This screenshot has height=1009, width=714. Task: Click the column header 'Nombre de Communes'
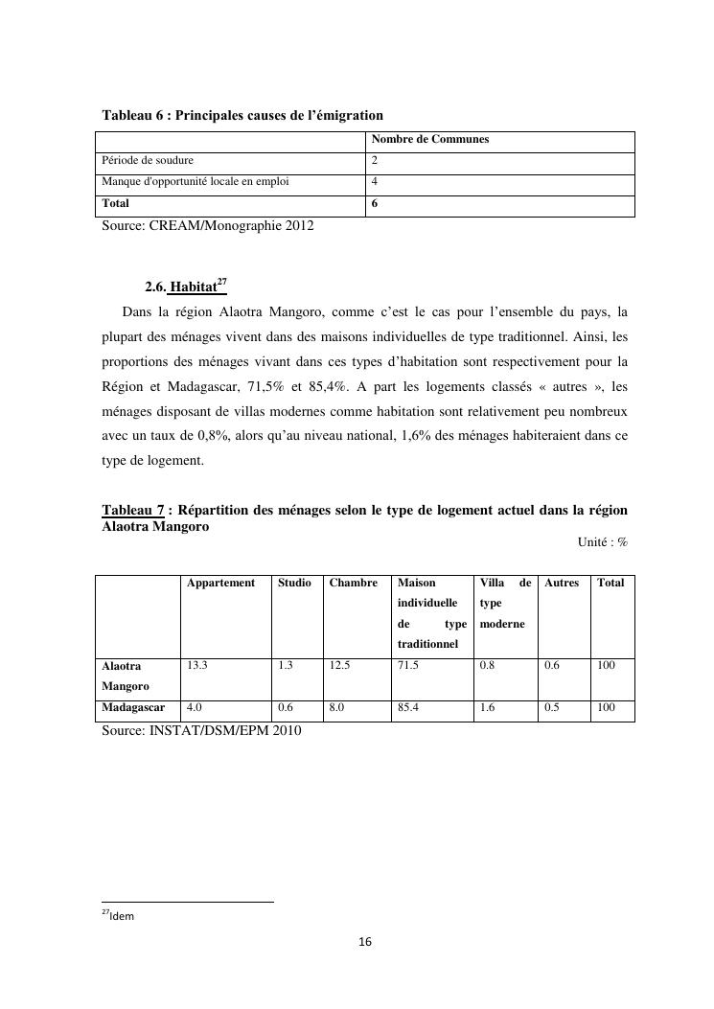[x=430, y=140]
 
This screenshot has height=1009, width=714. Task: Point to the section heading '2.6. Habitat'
[x=185, y=287]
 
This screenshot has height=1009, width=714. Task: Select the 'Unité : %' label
[x=602, y=542]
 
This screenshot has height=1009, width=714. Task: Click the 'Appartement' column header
[x=220, y=583]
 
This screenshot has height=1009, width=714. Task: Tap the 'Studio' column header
[x=294, y=583]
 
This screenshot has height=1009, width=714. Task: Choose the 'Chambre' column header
[x=353, y=583]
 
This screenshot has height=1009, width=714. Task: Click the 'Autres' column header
[x=562, y=583]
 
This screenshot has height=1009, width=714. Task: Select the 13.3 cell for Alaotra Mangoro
[x=197, y=666]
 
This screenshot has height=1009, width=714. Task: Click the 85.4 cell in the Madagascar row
[x=408, y=709]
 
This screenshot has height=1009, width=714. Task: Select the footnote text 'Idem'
[x=122, y=917]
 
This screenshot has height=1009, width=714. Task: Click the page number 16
[x=364, y=943]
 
